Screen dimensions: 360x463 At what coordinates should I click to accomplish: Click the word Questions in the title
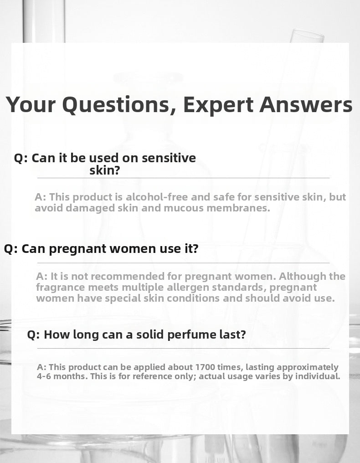click(119, 105)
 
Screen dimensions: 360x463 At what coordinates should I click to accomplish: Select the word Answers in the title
click(306, 104)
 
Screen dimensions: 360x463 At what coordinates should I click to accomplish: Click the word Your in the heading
click(31, 104)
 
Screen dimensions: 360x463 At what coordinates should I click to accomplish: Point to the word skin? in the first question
click(105, 170)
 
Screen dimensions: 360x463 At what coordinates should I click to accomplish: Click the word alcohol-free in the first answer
click(157, 197)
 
